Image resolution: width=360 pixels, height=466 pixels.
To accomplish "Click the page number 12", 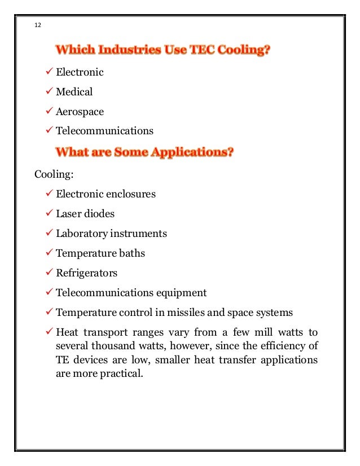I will (x=38, y=25).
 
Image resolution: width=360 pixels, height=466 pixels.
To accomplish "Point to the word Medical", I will (x=74, y=91).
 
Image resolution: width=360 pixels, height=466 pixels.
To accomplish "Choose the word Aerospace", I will (x=80, y=111).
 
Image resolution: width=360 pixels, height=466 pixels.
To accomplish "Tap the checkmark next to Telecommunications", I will (x=49, y=130).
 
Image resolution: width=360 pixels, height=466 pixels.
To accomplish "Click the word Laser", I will (x=68, y=214).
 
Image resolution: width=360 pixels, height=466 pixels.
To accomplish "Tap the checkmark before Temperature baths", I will (x=49, y=253).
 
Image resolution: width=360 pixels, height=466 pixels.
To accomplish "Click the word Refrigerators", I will (x=87, y=273).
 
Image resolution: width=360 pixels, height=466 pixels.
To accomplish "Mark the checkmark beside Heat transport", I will (x=49, y=332).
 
